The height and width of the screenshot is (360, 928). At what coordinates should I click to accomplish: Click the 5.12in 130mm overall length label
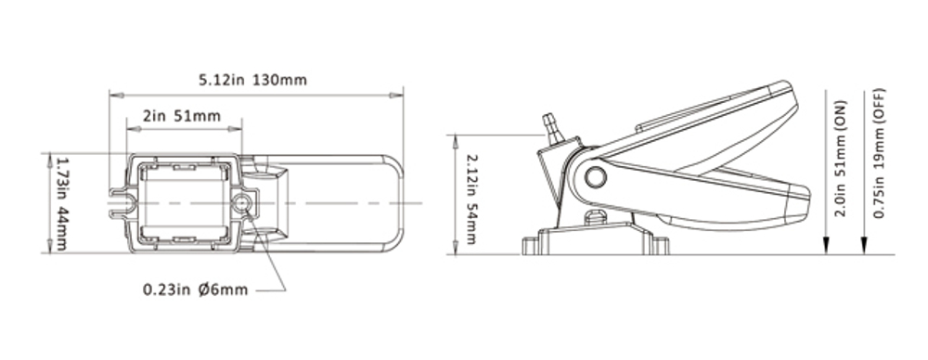pyautogui.click(x=252, y=80)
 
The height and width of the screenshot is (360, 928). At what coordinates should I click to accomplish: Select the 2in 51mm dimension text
pyautogui.click(x=182, y=116)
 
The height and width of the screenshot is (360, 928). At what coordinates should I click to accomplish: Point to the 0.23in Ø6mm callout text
pyautogui.click(x=195, y=289)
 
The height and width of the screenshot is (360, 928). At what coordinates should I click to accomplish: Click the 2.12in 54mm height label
pyautogui.click(x=471, y=199)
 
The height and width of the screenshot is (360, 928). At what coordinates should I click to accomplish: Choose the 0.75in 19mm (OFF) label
pyautogui.click(x=879, y=153)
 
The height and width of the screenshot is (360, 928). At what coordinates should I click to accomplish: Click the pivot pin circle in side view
pyautogui.click(x=595, y=176)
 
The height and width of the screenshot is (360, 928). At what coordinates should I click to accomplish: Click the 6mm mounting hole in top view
pyautogui.click(x=241, y=204)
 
